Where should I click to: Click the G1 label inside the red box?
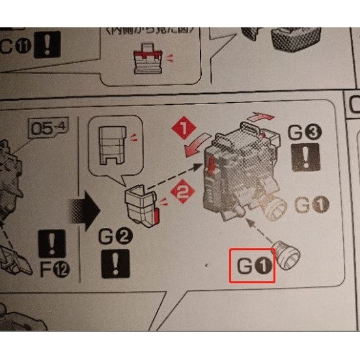click(253, 266)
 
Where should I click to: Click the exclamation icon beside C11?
click(46, 46)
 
